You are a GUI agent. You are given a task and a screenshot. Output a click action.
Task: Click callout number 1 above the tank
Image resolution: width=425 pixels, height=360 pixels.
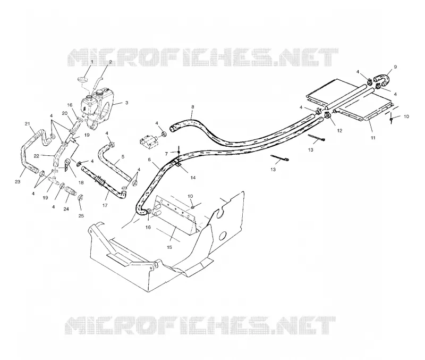pos(92,62)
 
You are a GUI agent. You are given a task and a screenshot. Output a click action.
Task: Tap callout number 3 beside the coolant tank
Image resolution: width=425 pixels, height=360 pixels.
pos(126,103)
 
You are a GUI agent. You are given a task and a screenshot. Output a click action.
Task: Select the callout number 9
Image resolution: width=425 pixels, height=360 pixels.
pos(395,67)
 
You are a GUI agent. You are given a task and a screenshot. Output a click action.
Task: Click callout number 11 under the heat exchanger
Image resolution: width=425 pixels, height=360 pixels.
pos(373,138)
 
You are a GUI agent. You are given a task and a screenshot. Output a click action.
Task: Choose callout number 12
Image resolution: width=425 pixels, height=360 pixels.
pos(339,130)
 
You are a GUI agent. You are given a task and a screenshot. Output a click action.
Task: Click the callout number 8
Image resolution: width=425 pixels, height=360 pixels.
pos(193,107)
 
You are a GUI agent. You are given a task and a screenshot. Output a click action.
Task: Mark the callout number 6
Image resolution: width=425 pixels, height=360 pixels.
pos(149,160)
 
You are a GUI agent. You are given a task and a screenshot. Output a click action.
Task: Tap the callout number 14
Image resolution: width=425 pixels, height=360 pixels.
pos(193,178)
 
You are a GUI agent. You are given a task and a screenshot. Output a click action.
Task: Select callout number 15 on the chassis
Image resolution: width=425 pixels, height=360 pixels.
pos(169,247)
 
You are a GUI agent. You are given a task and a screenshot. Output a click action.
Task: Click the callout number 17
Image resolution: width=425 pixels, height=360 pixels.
pos(105,205)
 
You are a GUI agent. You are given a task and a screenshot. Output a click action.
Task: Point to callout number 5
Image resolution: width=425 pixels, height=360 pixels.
pos(123,156)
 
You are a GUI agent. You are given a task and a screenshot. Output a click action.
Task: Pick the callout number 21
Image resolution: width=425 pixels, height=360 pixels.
pos(28,124)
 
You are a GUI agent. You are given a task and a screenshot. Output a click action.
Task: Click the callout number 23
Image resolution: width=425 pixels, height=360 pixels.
pos(18,182)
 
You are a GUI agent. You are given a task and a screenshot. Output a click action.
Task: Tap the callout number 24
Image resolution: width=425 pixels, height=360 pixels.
pos(66,209)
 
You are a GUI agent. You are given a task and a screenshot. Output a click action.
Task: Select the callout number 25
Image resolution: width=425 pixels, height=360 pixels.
pos(81,216)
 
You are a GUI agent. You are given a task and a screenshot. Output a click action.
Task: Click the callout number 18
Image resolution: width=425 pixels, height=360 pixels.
pos(81,182)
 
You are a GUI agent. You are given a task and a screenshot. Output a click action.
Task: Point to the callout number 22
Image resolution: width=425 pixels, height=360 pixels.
pos(37,156)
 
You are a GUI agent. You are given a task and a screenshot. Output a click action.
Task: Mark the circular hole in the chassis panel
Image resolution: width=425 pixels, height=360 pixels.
pos(223,236)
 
